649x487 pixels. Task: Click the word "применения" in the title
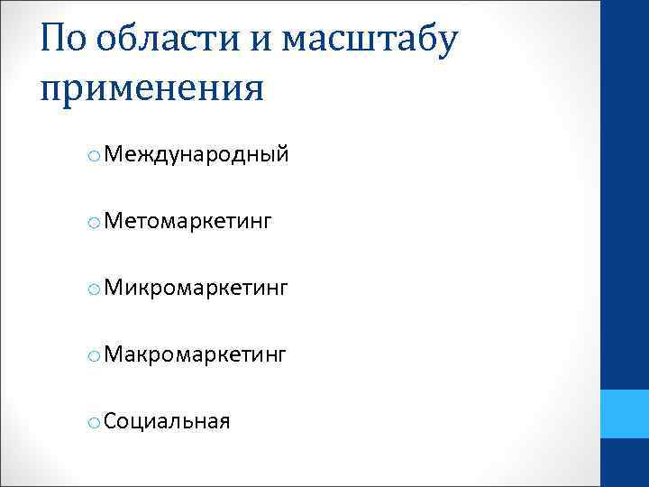pos(152,90)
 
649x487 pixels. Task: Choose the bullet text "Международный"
pos(197,155)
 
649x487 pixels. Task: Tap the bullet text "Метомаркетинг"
pos(187,222)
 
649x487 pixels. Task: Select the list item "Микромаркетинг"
pos(196,289)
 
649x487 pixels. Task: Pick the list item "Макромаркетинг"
pos(196,355)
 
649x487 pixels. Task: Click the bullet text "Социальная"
pos(167,421)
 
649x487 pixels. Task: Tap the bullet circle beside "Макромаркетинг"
pos(94,357)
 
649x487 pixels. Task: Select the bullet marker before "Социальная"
pos(94,423)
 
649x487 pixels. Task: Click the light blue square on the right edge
pos(626,415)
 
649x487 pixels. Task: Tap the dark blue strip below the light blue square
pos(626,464)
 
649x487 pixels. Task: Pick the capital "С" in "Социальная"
pos(110,421)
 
